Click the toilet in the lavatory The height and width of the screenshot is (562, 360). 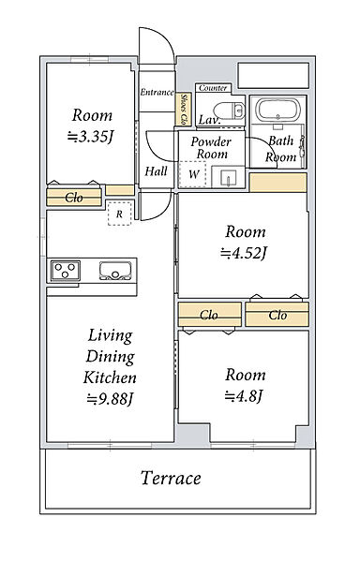tap(230, 110)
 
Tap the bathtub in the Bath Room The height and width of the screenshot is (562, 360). tap(278, 110)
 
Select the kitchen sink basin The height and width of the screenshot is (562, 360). tap(115, 271)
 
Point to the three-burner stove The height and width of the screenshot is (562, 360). tap(66, 271)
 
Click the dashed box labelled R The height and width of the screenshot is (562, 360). tap(119, 214)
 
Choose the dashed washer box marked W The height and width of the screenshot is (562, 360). tap(192, 174)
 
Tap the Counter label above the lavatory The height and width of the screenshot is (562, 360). tap(213, 88)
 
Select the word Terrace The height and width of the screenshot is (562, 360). tap(171, 478)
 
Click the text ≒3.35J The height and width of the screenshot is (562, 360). tap(91, 137)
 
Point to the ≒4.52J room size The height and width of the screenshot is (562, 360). tap(244, 254)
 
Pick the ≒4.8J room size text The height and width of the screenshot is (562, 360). tap(244, 396)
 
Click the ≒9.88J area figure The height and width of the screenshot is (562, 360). tap(110, 398)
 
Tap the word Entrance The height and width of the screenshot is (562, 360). tap(157, 92)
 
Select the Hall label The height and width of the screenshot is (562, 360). tap(156, 171)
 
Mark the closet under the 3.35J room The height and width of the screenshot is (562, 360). tap(74, 197)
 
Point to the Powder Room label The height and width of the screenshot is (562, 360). tap(211, 148)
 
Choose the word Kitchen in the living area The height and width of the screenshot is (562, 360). tap(110, 377)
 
